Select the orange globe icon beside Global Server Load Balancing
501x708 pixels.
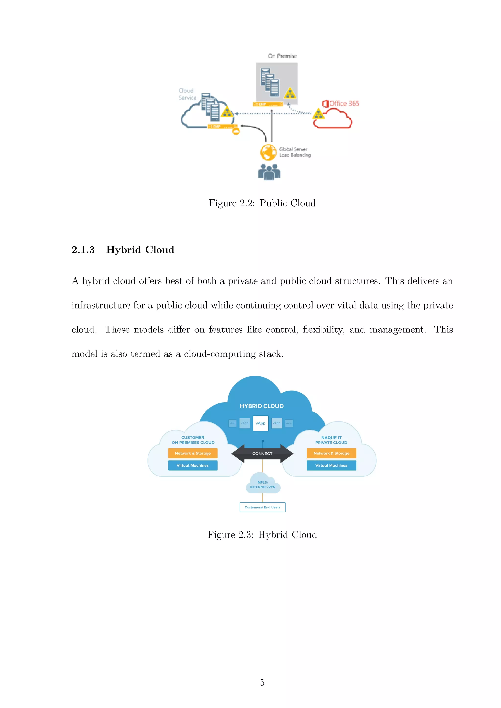(268, 152)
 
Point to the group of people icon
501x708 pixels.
(269, 172)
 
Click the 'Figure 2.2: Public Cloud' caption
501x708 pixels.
(262, 203)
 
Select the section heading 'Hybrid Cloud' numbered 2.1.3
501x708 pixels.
(140, 249)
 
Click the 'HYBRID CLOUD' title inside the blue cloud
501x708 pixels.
(262, 406)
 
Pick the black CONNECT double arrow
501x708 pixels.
(262, 454)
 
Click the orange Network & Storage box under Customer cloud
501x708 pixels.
(193, 453)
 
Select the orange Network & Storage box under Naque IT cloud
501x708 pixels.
(331, 453)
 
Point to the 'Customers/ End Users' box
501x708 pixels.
(262, 507)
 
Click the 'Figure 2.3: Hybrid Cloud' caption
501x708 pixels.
(262, 535)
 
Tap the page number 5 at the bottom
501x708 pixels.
(262, 682)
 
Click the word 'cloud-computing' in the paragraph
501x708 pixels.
(220, 354)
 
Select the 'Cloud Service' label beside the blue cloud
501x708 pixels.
(187, 94)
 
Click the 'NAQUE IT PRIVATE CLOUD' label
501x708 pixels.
(331, 440)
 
